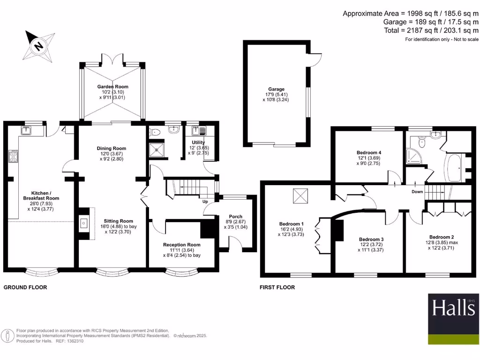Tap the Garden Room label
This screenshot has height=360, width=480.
pyautogui.click(x=112, y=87)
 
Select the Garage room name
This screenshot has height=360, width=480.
pyautogui.click(x=276, y=89)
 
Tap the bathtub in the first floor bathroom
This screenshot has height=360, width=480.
pyautogui.click(x=453, y=167)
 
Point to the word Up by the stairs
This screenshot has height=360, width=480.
pyautogui.click(x=205, y=202)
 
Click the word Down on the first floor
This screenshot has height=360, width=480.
pyautogui.click(x=417, y=192)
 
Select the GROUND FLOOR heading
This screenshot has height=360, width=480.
pyautogui.click(x=25, y=287)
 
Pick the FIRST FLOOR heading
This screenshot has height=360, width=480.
pyautogui.click(x=277, y=287)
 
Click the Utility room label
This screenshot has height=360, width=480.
pyautogui.click(x=198, y=142)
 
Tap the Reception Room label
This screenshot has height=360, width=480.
pyautogui.click(x=181, y=245)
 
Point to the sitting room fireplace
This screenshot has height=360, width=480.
pyautogui.click(x=84, y=224)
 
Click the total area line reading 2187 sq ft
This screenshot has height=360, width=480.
pyautogui.click(x=431, y=30)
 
